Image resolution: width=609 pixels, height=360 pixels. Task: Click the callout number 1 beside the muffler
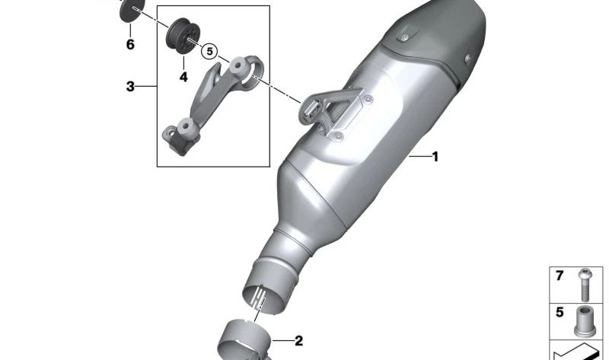point(435,157)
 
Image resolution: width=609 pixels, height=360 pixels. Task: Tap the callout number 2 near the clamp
point(298,341)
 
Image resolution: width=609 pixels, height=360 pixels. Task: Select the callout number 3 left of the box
point(130,86)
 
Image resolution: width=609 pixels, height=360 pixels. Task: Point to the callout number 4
point(183,77)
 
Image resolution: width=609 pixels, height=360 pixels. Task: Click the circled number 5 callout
point(210,51)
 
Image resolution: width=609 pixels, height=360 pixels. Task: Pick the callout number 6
point(130,44)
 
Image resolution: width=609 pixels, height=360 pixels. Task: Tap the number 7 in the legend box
point(560,276)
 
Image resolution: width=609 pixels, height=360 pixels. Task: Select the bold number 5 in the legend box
point(560,312)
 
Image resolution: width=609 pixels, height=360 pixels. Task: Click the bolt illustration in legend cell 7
point(585,285)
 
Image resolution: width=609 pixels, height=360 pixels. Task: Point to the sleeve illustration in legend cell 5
point(585,321)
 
